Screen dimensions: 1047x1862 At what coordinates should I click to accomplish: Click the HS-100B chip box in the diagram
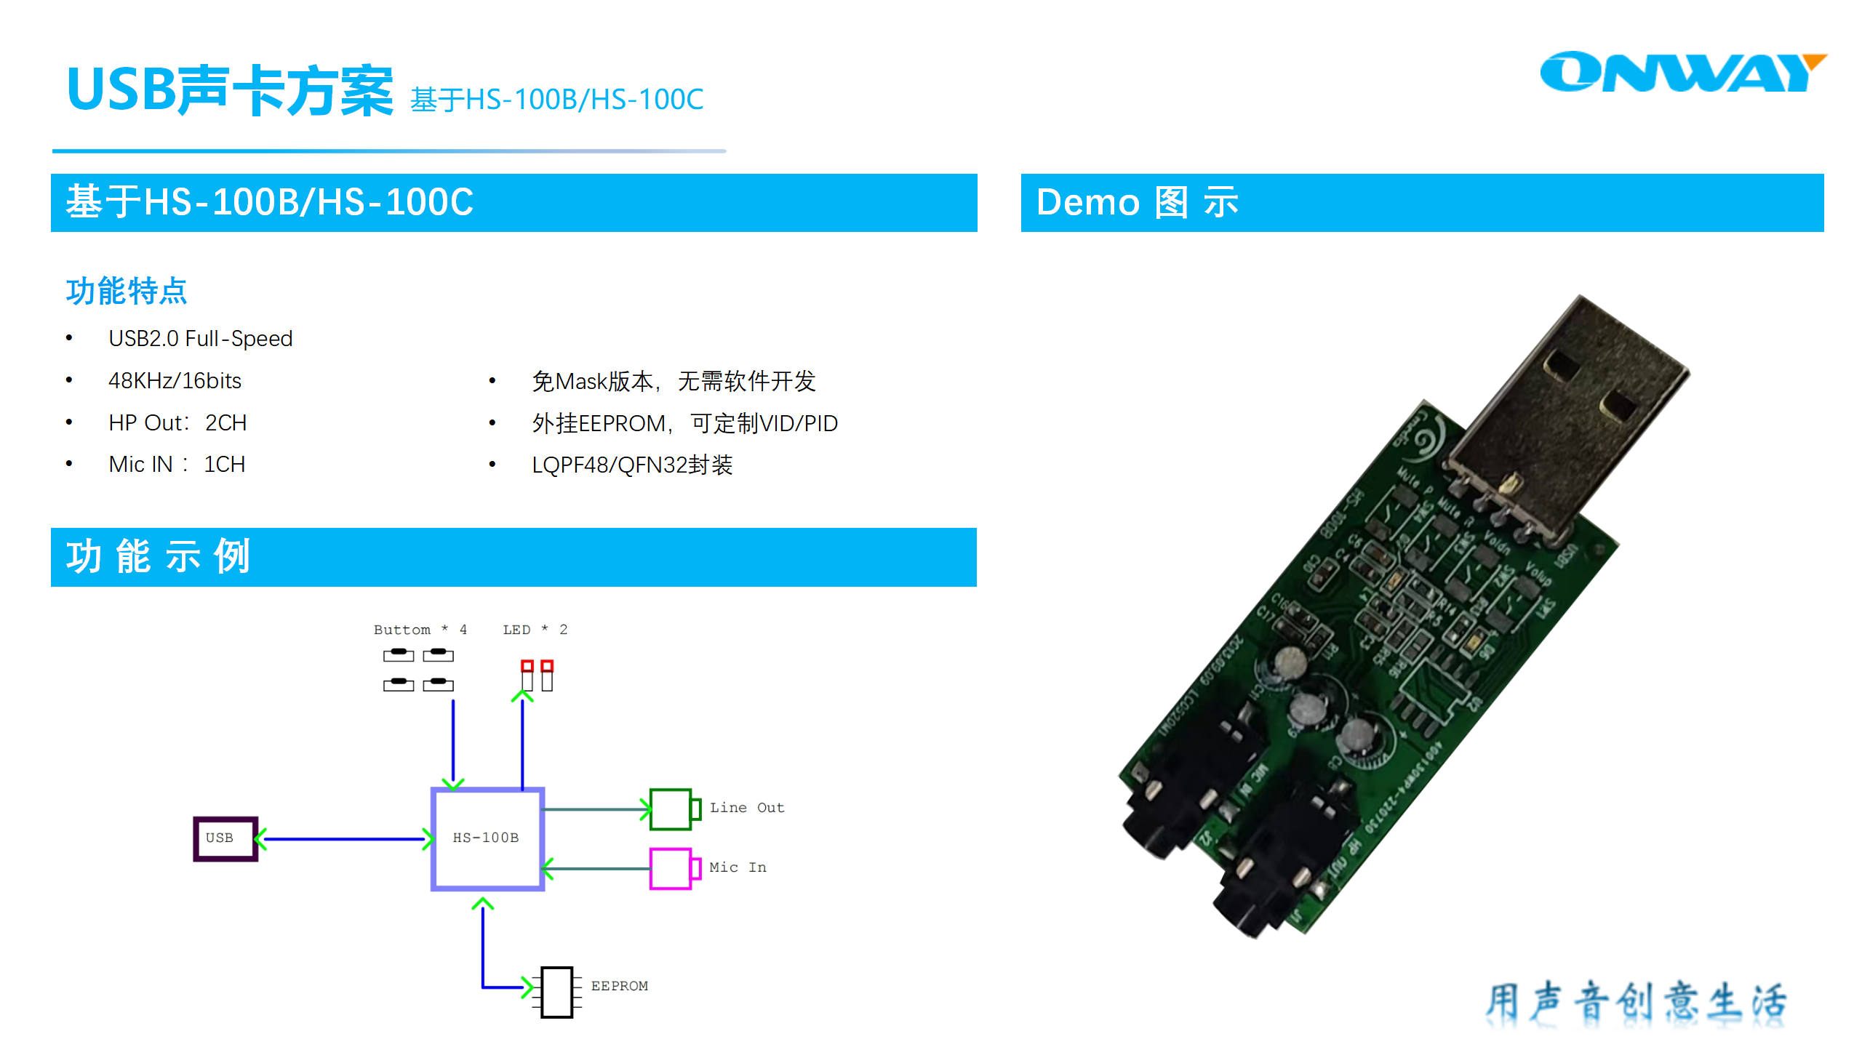pyautogui.click(x=487, y=838)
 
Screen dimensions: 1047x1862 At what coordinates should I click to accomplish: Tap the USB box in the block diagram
pyautogui.click(x=225, y=838)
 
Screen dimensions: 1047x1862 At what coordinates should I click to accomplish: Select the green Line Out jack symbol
pyautogui.click(x=673, y=809)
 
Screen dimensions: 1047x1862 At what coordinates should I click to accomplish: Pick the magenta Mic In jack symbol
pyautogui.click(x=673, y=868)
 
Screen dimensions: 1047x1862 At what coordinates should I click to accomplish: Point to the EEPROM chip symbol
pyautogui.click(x=557, y=992)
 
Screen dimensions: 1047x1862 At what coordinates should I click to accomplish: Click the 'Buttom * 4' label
pyautogui.click(x=420, y=630)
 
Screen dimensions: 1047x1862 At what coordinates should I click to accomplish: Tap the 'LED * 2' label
pyautogui.click(x=535, y=630)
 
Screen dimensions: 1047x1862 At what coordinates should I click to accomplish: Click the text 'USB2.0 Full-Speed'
pyautogui.click(x=200, y=339)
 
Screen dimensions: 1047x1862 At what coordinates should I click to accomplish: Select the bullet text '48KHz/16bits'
pyautogui.click(x=175, y=381)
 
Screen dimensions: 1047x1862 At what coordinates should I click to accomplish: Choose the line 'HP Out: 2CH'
pyautogui.click(x=177, y=423)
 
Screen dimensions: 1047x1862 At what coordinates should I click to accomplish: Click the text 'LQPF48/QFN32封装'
pyautogui.click(x=631, y=465)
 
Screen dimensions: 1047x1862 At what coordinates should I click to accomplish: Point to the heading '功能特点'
pyautogui.click(x=127, y=292)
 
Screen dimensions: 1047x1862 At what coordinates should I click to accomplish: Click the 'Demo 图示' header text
pyautogui.click(x=1137, y=203)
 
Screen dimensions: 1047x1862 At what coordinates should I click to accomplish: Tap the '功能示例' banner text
pyautogui.click(x=158, y=557)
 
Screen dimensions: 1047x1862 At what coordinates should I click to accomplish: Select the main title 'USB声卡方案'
pyautogui.click(x=230, y=90)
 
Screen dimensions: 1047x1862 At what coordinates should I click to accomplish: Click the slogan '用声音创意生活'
pyautogui.click(x=1635, y=1002)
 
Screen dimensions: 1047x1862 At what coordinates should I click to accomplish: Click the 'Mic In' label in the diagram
pyautogui.click(x=737, y=867)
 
